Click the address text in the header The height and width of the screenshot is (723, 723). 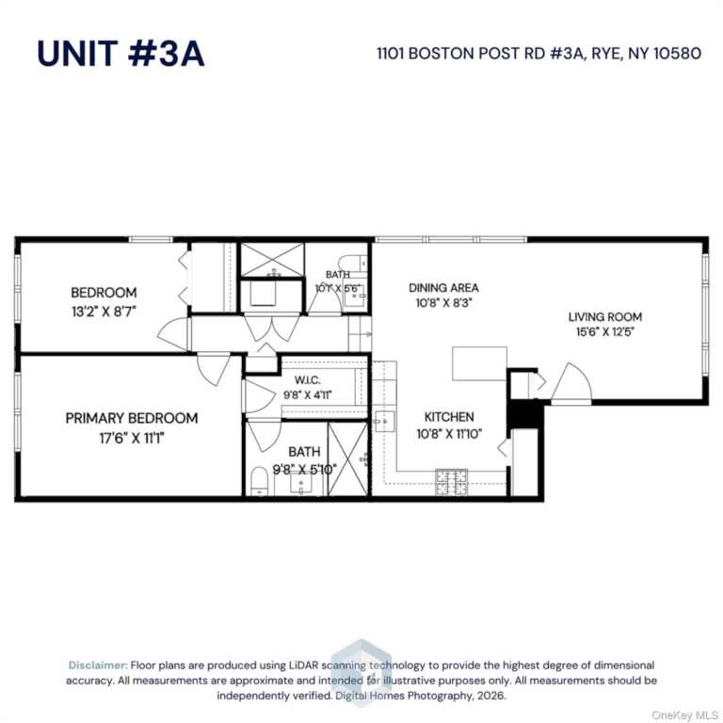point(539,53)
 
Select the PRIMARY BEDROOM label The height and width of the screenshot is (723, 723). point(132,418)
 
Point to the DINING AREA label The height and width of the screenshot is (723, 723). point(443,287)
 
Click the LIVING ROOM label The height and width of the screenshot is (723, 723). point(604,317)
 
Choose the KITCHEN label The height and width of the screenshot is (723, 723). point(449,416)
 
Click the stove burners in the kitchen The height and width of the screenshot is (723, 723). point(451,482)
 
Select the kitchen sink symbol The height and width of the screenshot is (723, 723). point(384,419)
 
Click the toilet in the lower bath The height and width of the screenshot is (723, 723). point(261,482)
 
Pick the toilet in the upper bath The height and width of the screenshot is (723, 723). point(349,263)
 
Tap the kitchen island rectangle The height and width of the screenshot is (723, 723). point(479,363)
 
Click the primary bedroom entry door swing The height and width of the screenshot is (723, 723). point(214,367)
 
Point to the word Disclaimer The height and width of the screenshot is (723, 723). point(98,665)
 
